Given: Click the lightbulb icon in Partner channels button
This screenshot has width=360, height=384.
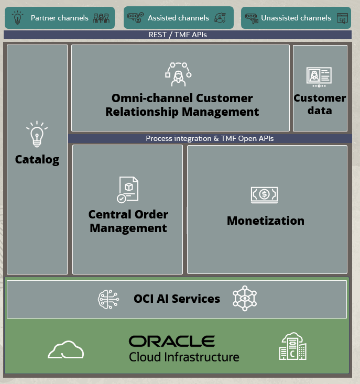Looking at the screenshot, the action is (17, 17).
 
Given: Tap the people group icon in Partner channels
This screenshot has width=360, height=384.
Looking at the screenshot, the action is (101, 18).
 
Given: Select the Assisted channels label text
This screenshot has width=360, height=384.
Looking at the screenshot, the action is (178, 18).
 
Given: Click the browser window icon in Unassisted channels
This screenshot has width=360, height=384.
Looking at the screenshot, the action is (342, 18).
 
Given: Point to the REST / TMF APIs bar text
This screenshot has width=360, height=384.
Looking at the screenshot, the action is (178, 35).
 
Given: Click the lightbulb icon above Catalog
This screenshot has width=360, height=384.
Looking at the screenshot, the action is (37, 134).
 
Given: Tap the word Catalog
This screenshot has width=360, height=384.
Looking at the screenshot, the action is (37, 160).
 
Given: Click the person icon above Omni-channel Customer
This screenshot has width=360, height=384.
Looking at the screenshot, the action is (178, 74).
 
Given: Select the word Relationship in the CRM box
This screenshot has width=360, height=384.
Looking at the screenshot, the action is (142, 112).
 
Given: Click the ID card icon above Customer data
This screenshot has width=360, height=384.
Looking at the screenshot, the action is (319, 77).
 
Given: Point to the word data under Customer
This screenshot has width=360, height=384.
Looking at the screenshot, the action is (320, 111).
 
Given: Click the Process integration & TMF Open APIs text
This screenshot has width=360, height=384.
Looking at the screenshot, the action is (210, 138).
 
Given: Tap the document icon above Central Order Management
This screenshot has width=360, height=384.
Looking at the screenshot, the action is (127, 190).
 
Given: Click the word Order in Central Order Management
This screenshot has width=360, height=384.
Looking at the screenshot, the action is (151, 214).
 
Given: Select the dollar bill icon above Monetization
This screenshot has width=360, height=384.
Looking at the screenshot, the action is (264, 195).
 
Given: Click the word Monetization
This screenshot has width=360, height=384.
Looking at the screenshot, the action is (266, 221).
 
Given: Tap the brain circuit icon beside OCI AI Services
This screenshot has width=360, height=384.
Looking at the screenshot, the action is (108, 299).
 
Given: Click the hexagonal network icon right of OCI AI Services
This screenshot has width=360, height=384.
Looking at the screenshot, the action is (245, 298).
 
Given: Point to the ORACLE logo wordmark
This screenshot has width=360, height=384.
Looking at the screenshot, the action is (172, 341).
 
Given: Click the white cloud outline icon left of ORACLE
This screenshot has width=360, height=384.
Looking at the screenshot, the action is (66, 349).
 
